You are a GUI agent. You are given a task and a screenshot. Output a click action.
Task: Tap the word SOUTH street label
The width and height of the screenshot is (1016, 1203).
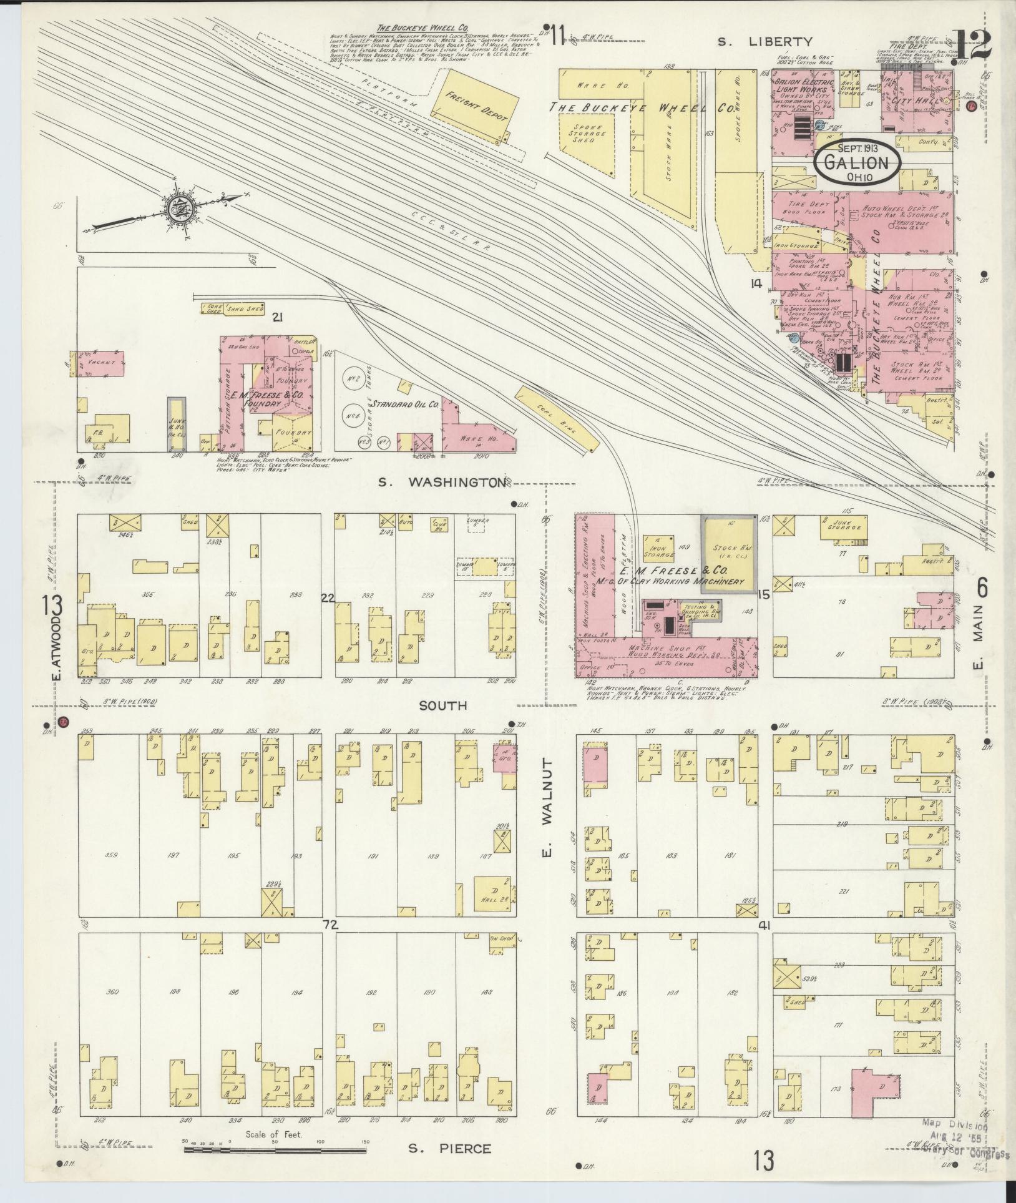(x=442, y=706)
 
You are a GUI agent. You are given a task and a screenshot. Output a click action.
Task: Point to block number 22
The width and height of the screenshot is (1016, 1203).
(x=327, y=597)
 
